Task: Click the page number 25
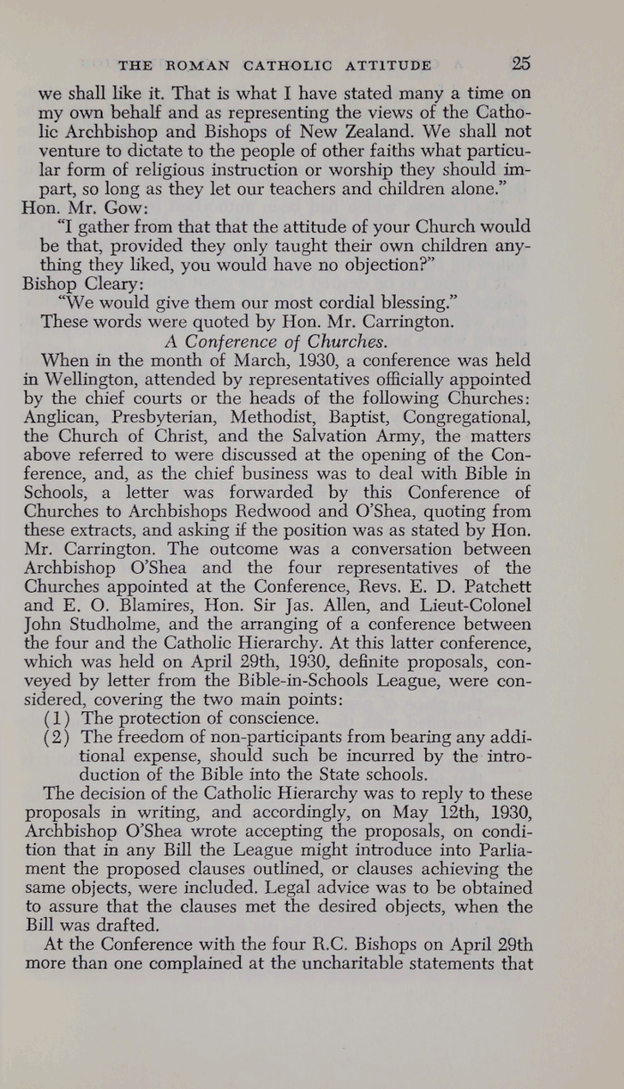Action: (x=521, y=63)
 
